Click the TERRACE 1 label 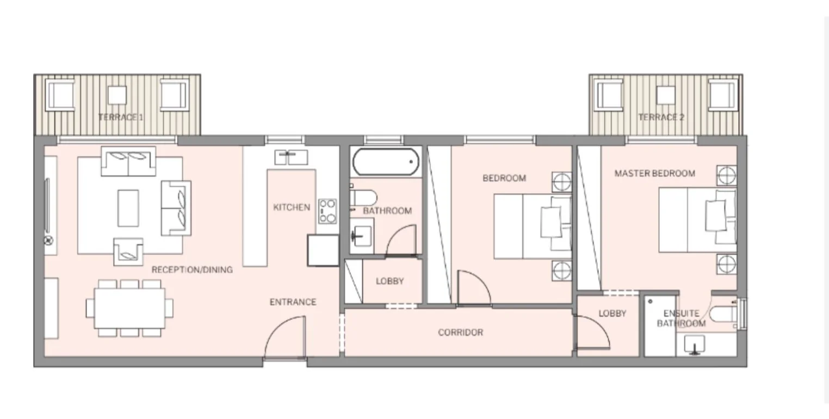coord(121,118)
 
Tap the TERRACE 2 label coord(661,118)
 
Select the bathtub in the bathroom coord(386,162)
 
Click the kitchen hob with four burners coord(327,211)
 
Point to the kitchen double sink coord(291,157)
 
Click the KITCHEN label coord(292,207)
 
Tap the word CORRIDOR coord(460,332)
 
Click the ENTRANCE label coord(293,302)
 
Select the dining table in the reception coord(129,308)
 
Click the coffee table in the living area coord(128,208)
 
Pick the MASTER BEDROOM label coord(655,173)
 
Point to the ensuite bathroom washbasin coord(694,345)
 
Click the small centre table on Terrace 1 coord(117,95)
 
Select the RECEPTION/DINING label coord(192,270)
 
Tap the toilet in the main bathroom coord(363,198)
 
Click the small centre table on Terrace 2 coord(665,95)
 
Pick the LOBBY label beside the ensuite coord(612,313)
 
